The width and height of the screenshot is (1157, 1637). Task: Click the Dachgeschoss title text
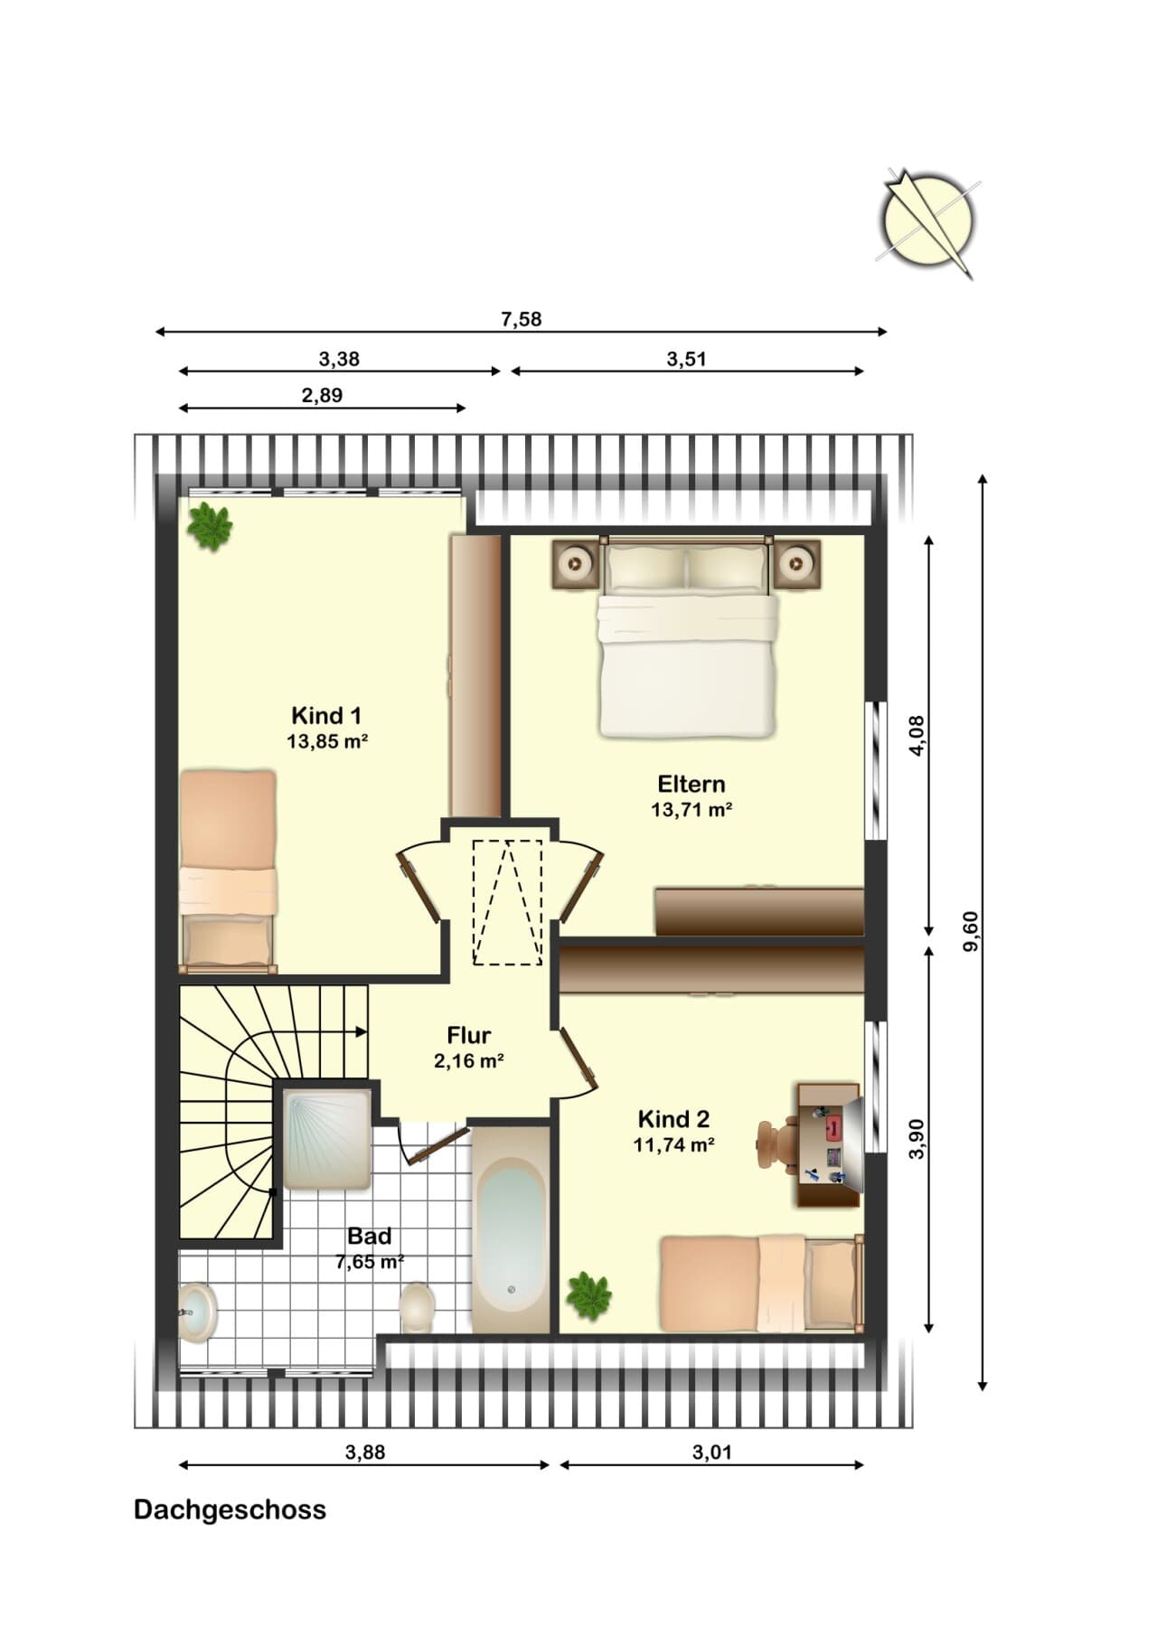(230, 1510)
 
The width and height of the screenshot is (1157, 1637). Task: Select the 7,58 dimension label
(522, 319)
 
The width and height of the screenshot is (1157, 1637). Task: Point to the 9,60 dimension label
(971, 931)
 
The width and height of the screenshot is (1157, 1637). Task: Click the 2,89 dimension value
(323, 395)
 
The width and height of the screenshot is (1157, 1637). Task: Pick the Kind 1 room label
(326, 716)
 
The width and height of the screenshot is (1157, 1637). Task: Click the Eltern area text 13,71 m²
(691, 810)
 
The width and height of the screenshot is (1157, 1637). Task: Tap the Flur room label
(469, 1035)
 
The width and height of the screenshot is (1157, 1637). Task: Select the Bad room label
(370, 1236)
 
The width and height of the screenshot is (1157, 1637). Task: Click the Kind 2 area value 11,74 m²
(674, 1145)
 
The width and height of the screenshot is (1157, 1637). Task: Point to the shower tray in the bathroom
(327, 1140)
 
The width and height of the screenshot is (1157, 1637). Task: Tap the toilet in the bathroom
(417, 1306)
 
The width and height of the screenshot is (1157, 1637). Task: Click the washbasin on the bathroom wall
(198, 1312)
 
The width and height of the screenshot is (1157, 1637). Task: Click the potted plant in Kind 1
(211, 526)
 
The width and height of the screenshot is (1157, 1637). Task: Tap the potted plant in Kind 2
(589, 1295)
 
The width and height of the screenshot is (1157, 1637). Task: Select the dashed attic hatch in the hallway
(507, 901)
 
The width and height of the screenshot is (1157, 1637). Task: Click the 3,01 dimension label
(712, 1453)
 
